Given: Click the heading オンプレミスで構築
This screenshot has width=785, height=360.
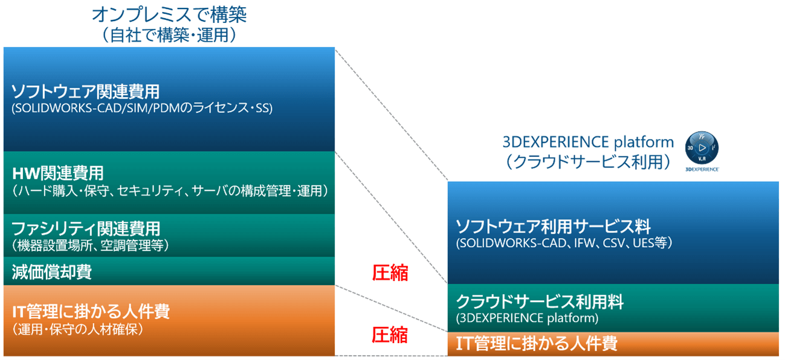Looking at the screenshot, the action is click(x=169, y=14).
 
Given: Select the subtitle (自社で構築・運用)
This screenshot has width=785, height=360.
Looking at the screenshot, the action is click(x=169, y=35).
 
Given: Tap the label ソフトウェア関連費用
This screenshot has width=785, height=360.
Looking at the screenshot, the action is click(x=85, y=92).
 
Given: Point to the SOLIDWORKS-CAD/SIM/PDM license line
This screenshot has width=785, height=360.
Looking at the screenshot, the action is click(x=142, y=108).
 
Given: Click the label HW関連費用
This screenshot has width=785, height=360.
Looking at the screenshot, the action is click(x=58, y=173).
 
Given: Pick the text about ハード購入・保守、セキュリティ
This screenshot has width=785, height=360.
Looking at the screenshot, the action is click(x=170, y=191).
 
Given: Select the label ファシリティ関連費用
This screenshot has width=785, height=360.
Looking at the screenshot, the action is click(x=86, y=228).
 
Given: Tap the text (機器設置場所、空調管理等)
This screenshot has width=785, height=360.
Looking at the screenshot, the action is click(x=90, y=245).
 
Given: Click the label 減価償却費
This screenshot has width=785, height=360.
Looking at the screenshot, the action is click(x=52, y=272).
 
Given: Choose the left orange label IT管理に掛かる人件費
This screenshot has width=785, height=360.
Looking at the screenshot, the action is click(x=91, y=311).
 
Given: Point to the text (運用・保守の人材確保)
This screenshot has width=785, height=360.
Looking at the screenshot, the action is click(x=77, y=329).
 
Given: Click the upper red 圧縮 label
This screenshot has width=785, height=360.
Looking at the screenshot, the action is click(x=390, y=273).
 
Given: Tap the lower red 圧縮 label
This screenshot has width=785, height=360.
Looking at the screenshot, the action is click(x=390, y=335).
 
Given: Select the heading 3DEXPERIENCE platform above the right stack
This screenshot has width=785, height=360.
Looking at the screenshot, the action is click(x=588, y=142).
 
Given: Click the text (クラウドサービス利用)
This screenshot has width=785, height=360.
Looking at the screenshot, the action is click(x=588, y=162).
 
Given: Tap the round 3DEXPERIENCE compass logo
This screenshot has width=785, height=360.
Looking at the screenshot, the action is click(x=702, y=148).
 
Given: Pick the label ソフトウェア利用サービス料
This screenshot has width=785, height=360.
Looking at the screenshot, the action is click(x=554, y=227).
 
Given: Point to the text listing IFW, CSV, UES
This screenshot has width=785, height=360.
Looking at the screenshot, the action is click(x=564, y=243).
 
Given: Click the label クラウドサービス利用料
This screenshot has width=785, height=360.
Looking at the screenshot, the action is click(x=540, y=301).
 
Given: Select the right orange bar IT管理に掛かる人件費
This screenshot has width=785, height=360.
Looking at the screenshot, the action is click(x=613, y=344).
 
